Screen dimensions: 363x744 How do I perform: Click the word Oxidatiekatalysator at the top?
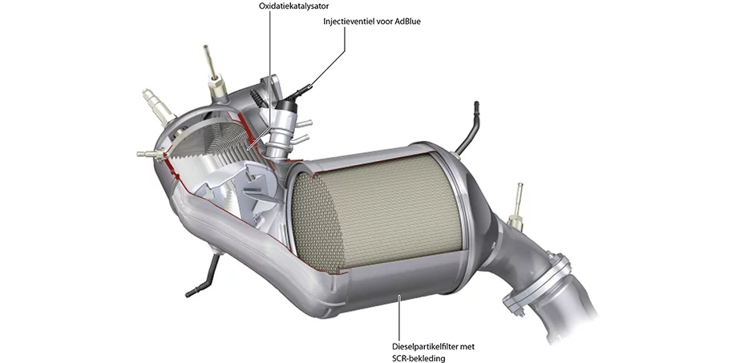pyautogui.click(x=294, y=6)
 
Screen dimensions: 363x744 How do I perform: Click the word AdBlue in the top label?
pyautogui.click(x=407, y=22)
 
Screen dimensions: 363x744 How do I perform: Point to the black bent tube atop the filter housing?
pyautogui.click(x=467, y=128)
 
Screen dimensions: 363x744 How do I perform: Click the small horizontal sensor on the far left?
pyautogui.click(x=148, y=152)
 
